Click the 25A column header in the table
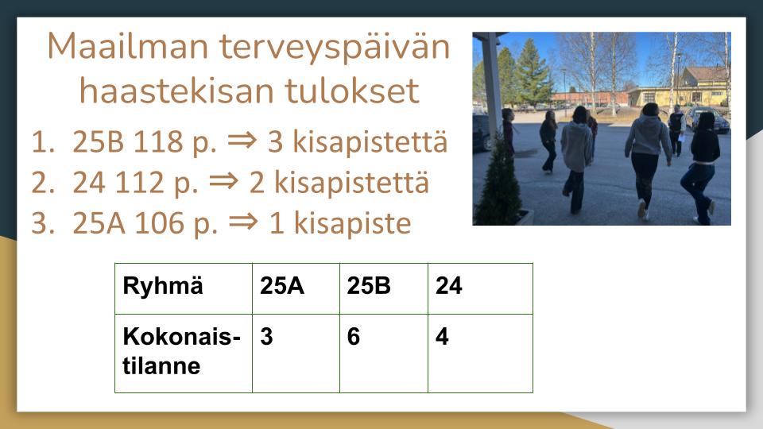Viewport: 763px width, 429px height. point(282,287)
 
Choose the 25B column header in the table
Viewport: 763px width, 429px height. point(369,287)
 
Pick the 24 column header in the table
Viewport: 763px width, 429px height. point(448,287)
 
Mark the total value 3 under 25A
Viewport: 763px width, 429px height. point(267,337)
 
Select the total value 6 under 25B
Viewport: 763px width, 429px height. point(354,337)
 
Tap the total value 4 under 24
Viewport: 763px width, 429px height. point(442,337)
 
